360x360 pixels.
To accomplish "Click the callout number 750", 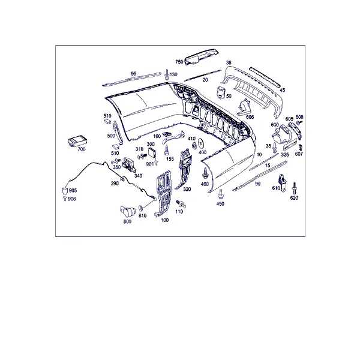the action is coord(179,62).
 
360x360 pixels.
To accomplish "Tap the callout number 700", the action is coord(82,149).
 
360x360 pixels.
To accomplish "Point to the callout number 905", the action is coord(73,190).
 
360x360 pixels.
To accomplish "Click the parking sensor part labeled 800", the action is coord(128,211).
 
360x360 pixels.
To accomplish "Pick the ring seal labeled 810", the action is coord(142,208).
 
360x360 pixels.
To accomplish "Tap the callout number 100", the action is coord(164,220).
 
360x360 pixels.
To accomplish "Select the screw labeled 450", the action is coord(221,194).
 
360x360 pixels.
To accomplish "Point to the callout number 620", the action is coord(294,198).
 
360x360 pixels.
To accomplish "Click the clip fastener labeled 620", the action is coord(294,188).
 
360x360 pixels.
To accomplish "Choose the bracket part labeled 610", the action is coord(283,182).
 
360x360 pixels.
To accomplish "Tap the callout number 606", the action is coord(250,117).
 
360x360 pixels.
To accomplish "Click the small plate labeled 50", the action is coord(221,92).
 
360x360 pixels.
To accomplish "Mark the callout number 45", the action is coord(282,90).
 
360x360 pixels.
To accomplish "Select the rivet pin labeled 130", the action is coord(167,73).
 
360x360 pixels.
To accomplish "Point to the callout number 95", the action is coord(133,73).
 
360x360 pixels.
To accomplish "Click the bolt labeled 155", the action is coord(166,150).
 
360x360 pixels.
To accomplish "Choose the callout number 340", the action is coord(138,176).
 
